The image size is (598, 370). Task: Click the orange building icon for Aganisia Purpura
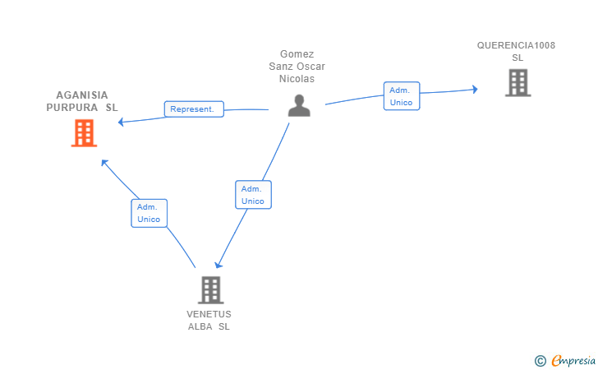(x=84, y=133)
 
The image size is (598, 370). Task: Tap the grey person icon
(x=299, y=105)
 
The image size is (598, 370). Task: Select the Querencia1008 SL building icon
(x=517, y=82)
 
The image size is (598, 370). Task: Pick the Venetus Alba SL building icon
(x=211, y=289)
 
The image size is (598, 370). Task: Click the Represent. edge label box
(x=194, y=109)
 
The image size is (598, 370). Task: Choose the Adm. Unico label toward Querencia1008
(x=402, y=96)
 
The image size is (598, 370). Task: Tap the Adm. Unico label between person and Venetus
(x=253, y=195)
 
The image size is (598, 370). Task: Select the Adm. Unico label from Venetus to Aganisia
(x=149, y=213)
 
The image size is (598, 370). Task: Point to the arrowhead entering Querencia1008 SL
(x=475, y=90)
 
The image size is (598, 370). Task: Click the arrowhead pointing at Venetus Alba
(x=218, y=265)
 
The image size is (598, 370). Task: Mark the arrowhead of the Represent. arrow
(x=122, y=123)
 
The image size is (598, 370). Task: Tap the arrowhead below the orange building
(x=104, y=163)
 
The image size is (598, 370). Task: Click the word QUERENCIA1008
(x=516, y=45)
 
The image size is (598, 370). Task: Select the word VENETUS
(x=209, y=314)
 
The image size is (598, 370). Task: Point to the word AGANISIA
(x=82, y=95)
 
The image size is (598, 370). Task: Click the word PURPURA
(x=72, y=108)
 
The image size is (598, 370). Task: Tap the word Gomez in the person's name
(x=297, y=54)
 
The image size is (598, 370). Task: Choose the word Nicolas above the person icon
(x=297, y=79)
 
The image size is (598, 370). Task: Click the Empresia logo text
(x=573, y=361)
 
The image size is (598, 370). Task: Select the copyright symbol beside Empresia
(x=540, y=361)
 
